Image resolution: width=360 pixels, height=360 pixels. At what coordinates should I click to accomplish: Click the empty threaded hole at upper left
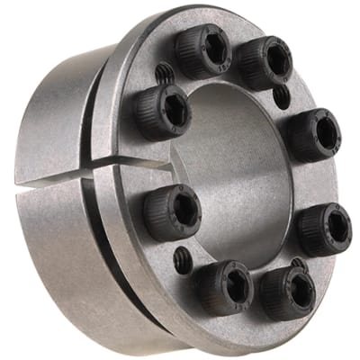165,71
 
